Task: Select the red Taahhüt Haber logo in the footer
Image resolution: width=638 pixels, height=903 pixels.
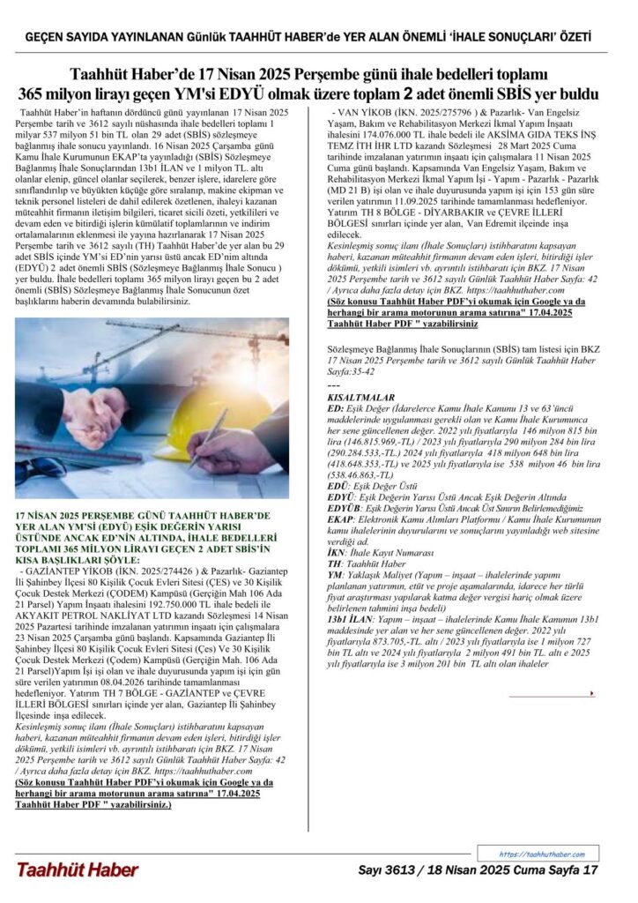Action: (77, 870)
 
